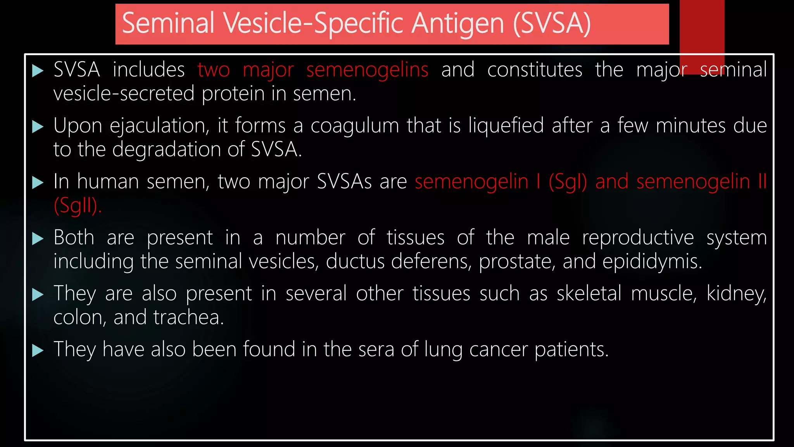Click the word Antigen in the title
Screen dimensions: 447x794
457,23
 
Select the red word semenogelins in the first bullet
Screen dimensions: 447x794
367,70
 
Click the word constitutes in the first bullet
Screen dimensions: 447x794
535,70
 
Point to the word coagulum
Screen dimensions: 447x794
354,126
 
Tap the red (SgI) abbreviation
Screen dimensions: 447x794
568,182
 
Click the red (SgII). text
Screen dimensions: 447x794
78,206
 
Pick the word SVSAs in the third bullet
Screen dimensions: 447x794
344,182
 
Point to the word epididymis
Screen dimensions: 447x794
652,262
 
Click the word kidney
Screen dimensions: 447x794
736,294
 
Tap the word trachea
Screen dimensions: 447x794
188,318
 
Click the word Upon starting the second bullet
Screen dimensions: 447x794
78,126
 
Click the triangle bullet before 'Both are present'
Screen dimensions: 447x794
38,238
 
